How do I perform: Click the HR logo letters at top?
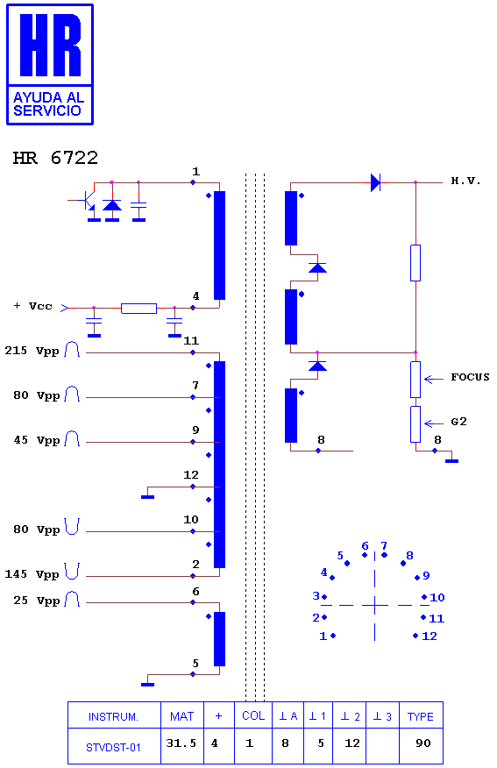[x=50, y=45]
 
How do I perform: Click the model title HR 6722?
[x=55, y=158]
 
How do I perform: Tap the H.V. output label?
[x=465, y=181]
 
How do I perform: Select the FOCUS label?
[x=470, y=377]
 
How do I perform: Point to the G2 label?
[x=458, y=422]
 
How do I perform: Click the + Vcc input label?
[x=32, y=306]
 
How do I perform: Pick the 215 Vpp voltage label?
[x=32, y=351]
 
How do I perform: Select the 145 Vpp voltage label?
[x=32, y=574]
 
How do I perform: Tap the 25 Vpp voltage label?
[x=36, y=601]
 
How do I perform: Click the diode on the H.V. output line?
[x=375, y=182]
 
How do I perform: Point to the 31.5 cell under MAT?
[x=181, y=743]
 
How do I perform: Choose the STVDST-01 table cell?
[x=113, y=748]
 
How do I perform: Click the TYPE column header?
[x=421, y=716]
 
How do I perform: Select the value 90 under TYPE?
[x=423, y=743]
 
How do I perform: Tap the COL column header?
[x=253, y=715]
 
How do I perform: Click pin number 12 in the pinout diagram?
[x=430, y=636]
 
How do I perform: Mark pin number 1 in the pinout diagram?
[x=323, y=636]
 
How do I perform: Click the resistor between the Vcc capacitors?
[x=139, y=308]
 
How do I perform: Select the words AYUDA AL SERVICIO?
[x=48, y=103]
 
